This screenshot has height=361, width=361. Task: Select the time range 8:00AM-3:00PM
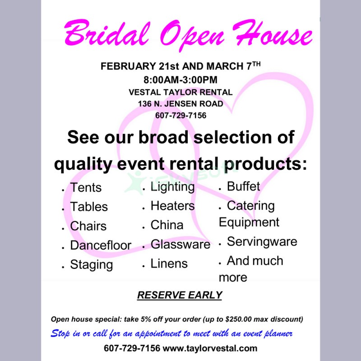[x=180, y=80]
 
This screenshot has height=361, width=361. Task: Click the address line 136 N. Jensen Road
[x=180, y=104]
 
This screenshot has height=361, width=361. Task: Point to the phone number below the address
[x=180, y=116]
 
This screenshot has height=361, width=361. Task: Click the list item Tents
[x=86, y=188]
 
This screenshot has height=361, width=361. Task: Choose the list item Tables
[x=89, y=207]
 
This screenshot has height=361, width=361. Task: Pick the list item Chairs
[x=88, y=226]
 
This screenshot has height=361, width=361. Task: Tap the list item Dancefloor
[x=100, y=245]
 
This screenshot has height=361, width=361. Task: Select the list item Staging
[x=91, y=264]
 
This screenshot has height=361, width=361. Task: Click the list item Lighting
[x=172, y=186]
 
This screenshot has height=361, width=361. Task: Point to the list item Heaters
[x=172, y=206]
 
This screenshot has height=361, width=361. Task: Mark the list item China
[x=167, y=225]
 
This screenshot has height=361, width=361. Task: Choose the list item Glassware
[x=180, y=245]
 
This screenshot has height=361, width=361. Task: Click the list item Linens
[x=169, y=264]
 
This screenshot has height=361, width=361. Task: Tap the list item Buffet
[x=243, y=186]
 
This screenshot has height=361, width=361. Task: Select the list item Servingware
[x=262, y=242]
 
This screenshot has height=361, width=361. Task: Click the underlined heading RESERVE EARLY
[x=180, y=296]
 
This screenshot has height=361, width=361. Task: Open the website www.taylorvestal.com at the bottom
[x=210, y=348]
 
